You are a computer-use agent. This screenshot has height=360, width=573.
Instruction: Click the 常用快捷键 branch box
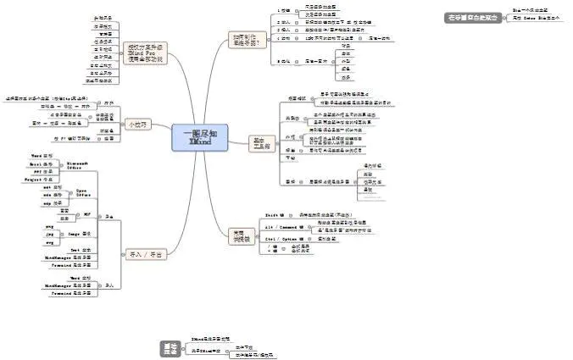[x=242, y=235]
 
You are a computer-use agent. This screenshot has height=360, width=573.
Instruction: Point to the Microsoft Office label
[x=80, y=166]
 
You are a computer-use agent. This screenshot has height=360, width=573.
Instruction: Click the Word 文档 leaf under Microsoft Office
[x=42, y=157]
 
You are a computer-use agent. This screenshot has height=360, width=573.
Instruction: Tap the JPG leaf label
[x=48, y=232]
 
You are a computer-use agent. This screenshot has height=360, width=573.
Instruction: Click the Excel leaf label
[x=42, y=164]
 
